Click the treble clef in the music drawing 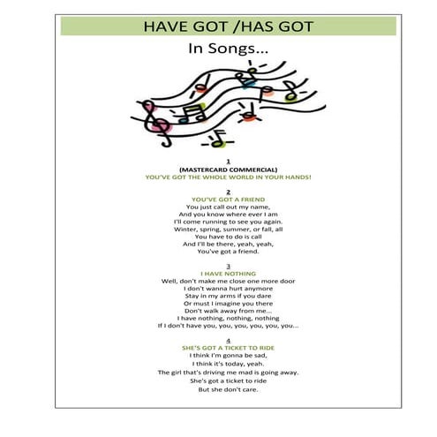click(159, 118)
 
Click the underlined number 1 click(228, 161)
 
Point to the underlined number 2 click(228, 192)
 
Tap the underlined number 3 click(228, 266)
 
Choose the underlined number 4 click(228, 340)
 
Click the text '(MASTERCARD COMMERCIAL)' click(228, 169)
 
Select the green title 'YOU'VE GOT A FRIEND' click(228, 200)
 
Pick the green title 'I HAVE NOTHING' click(228, 274)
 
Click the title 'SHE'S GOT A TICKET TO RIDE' click(228, 348)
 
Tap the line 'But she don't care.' click(228, 389)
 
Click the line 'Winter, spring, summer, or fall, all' click(228, 229)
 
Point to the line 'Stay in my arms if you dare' click(228, 296)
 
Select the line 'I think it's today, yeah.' click(228, 364)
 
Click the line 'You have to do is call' click(228, 237)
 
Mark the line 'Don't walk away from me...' click(228, 311)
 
